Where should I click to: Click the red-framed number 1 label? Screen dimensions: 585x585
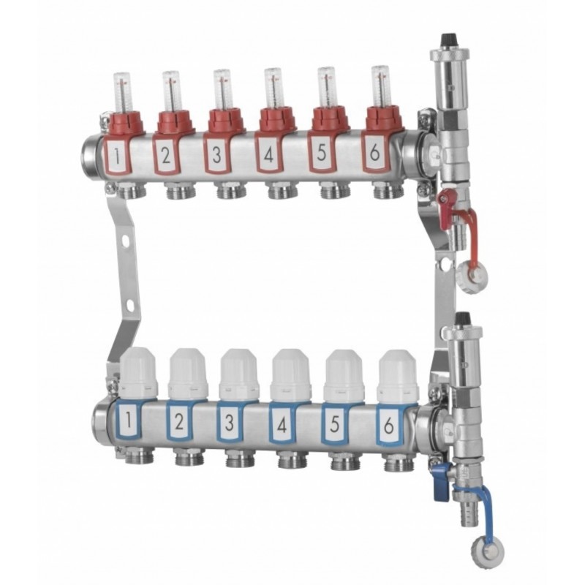click(118, 157)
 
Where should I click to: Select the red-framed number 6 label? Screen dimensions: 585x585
click(374, 154)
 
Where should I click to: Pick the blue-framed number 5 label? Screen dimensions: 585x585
click(334, 423)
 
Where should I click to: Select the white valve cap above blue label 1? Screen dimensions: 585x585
click(138, 372)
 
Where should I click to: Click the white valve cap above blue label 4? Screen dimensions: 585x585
click(291, 374)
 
